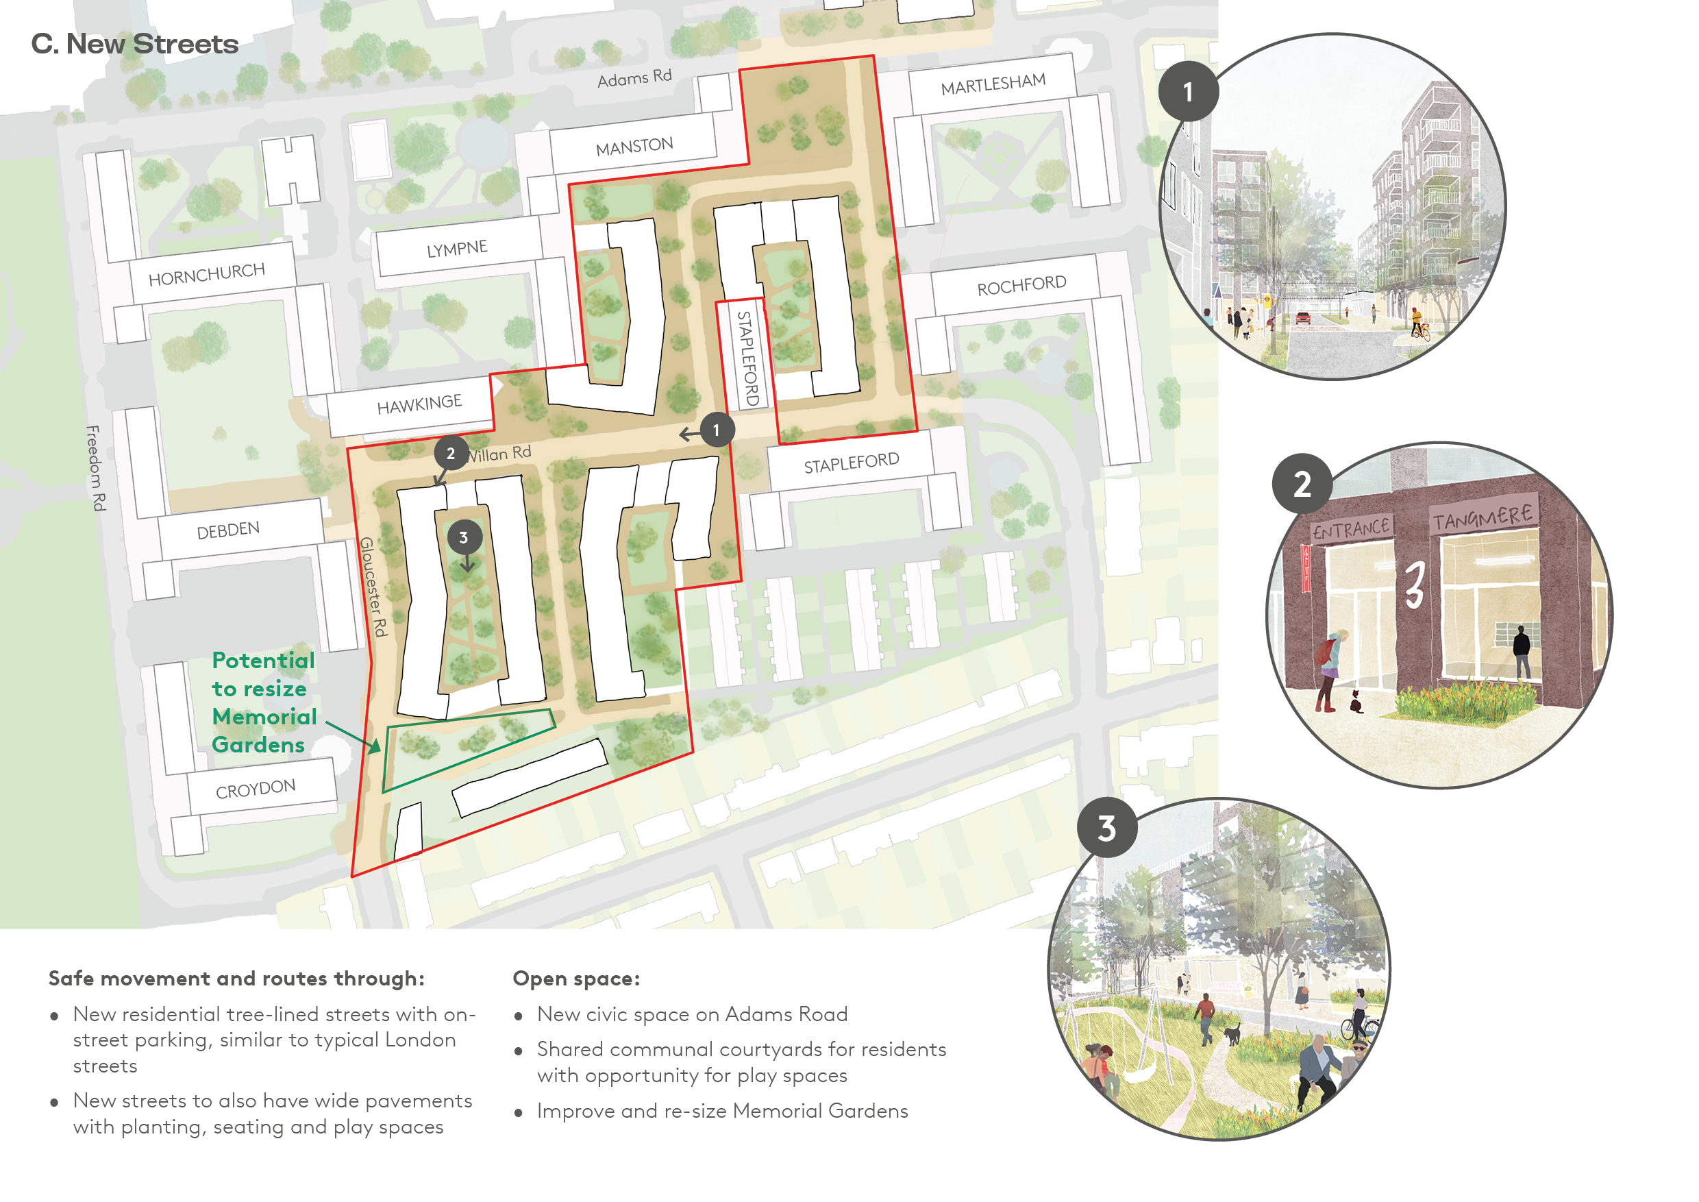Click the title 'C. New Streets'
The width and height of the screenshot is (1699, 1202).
[135, 45]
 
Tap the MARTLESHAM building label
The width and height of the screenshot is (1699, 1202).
[993, 84]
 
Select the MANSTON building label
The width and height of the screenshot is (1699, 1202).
[634, 147]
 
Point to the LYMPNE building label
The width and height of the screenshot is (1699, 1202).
[456, 249]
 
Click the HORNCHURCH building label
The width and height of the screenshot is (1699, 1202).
[206, 275]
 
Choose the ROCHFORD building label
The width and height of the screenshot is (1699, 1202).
[1021, 286]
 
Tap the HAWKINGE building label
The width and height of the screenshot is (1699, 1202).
[419, 405]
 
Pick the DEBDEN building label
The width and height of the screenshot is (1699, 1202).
[228, 530]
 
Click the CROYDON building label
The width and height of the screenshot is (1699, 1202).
[256, 789]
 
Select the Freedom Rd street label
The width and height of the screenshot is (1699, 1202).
[95, 468]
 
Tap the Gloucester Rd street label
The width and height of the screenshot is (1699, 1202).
[373, 586]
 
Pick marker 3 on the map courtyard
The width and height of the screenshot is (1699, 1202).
[464, 537]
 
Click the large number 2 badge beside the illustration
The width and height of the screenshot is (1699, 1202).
[1302, 484]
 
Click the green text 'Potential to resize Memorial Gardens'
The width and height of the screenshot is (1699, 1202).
[264, 702]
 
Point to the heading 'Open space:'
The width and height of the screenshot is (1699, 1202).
[575, 979]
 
